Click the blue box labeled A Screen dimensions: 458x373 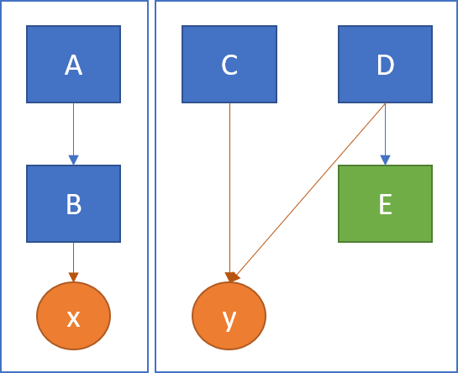click(73, 64)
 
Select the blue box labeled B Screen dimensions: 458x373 click(73, 203)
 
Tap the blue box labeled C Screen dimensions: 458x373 click(229, 64)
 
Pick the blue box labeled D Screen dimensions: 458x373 click(385, 64)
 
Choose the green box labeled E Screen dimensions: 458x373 click(385, 203)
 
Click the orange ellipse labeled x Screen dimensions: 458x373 click(73, 316)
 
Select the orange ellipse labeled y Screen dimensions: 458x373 click(229, 316)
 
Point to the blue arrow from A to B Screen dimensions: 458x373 click(73, 134)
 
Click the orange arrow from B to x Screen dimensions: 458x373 click(73, 262)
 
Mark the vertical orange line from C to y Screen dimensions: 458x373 click(230, 192)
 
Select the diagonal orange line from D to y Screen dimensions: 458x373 click(310, 191)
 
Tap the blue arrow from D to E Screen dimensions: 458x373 click(385, 134)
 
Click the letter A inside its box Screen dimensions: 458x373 click(73, 65)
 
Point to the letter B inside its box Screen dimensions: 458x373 click(74, 204)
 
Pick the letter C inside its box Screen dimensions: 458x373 click(229, 65)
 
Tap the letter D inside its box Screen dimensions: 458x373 click(386, 65)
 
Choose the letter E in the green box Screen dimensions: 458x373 click(386, 204)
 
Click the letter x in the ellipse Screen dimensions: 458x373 click(73, 319)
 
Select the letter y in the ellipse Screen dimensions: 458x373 click(229, 321)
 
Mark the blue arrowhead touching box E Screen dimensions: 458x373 click(385, 160)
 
